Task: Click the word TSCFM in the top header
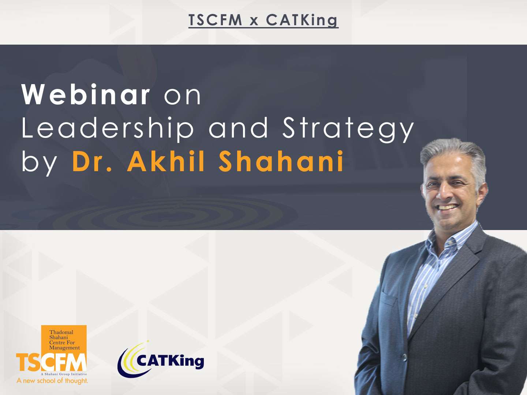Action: (215, 20)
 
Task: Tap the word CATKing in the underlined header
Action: (302, 20)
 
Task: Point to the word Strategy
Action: (348, 129)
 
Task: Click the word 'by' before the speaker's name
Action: (40, 163)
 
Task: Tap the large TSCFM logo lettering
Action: (51, 362)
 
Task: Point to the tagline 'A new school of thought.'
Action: (52, 381)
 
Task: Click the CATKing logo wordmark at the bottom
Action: (170, 361)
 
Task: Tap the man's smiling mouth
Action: (448, 207)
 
